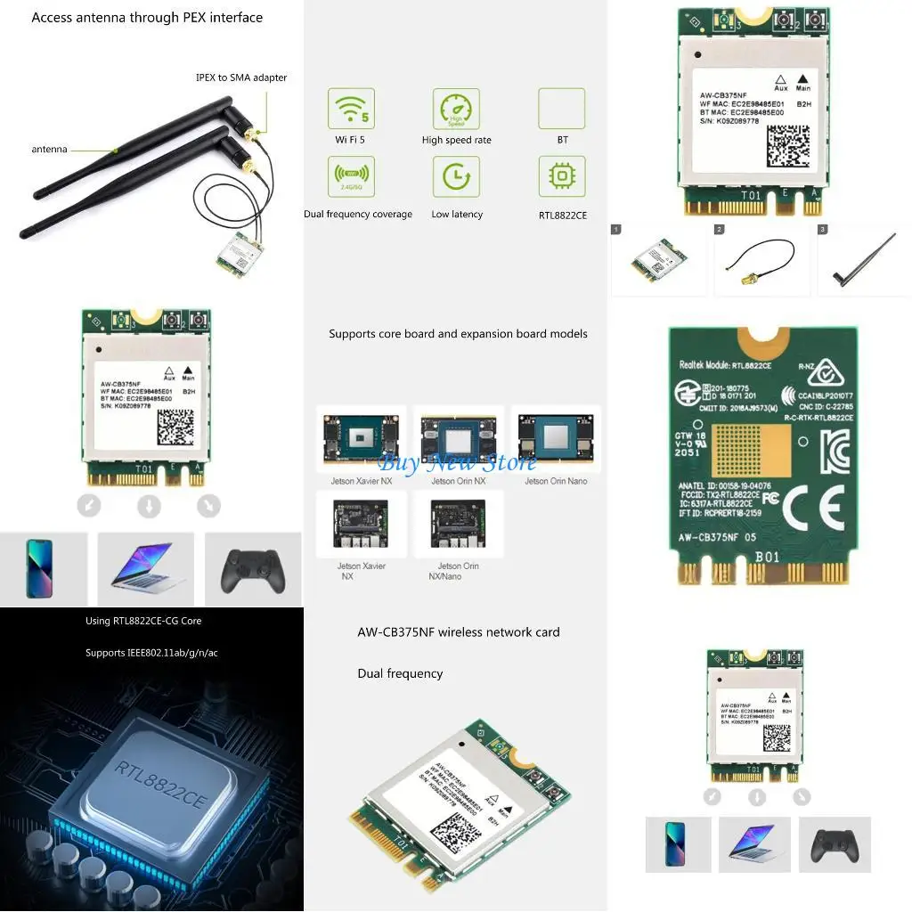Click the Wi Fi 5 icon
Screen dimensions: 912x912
pos(351,109)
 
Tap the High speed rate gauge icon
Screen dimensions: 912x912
pos(456,109)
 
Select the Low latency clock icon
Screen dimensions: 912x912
pos(456,177)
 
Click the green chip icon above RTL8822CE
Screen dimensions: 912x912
pos(562,177)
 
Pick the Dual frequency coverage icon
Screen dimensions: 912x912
pos(351,177)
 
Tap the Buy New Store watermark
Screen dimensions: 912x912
pos(458,462)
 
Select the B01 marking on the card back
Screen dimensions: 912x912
pos(767,558)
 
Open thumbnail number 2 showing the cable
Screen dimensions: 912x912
pos(761,260)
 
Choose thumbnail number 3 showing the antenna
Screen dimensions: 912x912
pos(864,260)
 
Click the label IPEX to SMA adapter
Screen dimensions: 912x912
pos(241,77)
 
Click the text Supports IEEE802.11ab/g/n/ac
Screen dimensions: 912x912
pos(151,653)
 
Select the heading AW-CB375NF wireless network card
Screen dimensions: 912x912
pos(459,632)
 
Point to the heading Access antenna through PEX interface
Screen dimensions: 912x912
pos(147,18)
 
